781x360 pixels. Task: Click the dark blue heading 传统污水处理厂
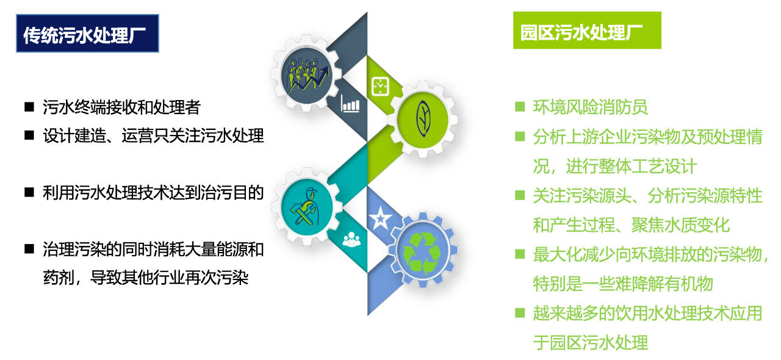(x=87, y=34)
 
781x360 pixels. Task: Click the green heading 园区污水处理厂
(x=587, y=31)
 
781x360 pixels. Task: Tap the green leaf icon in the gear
(x=423, y=119)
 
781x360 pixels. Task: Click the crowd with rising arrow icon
(x=307, y=75)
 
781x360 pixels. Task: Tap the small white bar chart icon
(x=350, y=104)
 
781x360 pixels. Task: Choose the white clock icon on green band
(x=380, y=86)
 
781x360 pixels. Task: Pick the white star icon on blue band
(x=380, y=218)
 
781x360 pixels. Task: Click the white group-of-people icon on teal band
(x=351, y=239)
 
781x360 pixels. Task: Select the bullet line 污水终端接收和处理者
(x=121, y=107)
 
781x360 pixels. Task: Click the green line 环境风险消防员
(x=590, y=107)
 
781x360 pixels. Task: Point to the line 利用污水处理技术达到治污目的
(x=153, y=193)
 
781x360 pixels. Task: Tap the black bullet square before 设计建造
(x=29, y=135)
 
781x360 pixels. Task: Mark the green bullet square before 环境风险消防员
(x=520, y=106)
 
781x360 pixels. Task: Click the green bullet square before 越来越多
(x=520, y=312)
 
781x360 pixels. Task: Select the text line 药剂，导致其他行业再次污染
(x=146, y=278)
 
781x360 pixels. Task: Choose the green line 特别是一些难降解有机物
(x=623, y=283)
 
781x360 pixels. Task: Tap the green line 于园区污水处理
(x=590, y=342)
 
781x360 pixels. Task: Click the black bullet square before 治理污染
(x=29, y=249)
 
